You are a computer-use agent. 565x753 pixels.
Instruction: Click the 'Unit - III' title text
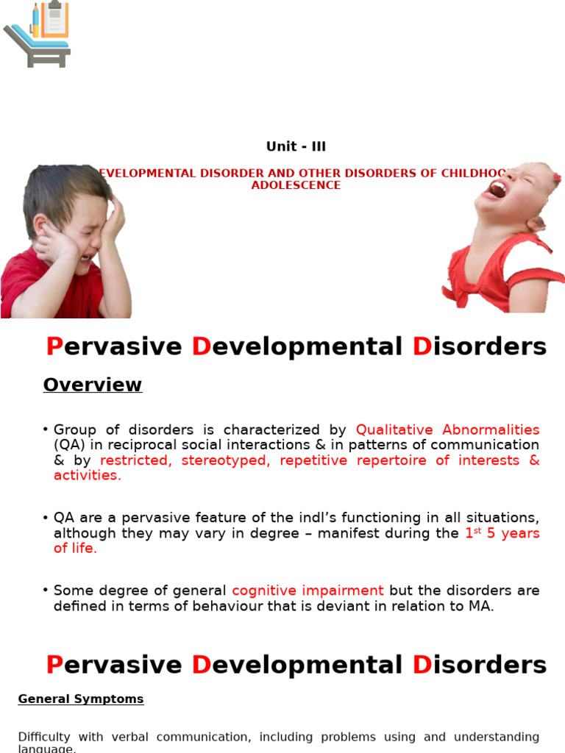pyautogui.click(x=296, y=146)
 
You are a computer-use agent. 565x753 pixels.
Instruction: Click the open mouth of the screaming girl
pyautogui.click(x=498, y=190)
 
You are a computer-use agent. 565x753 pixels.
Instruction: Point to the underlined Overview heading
pyautogui.click(x=92, y=385)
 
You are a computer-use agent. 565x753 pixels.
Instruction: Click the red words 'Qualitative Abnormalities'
pyautogui.click(x=447, y=429)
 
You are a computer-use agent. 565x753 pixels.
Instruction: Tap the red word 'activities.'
pyautogui.click(x=88, y=475)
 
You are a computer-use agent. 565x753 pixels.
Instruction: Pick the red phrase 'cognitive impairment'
pyautogui.click(x=308, y=590)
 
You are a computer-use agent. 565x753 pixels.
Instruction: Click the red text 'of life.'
pyautogui.click(x=75, y=548)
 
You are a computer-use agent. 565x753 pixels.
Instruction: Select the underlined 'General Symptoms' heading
pyautogui.click(x=81, y=699)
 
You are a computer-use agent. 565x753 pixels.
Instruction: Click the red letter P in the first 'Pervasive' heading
pyautogui.click(x=54, y=346)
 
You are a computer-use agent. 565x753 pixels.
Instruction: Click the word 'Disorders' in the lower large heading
pyautogui.click(x=479, y=665)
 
